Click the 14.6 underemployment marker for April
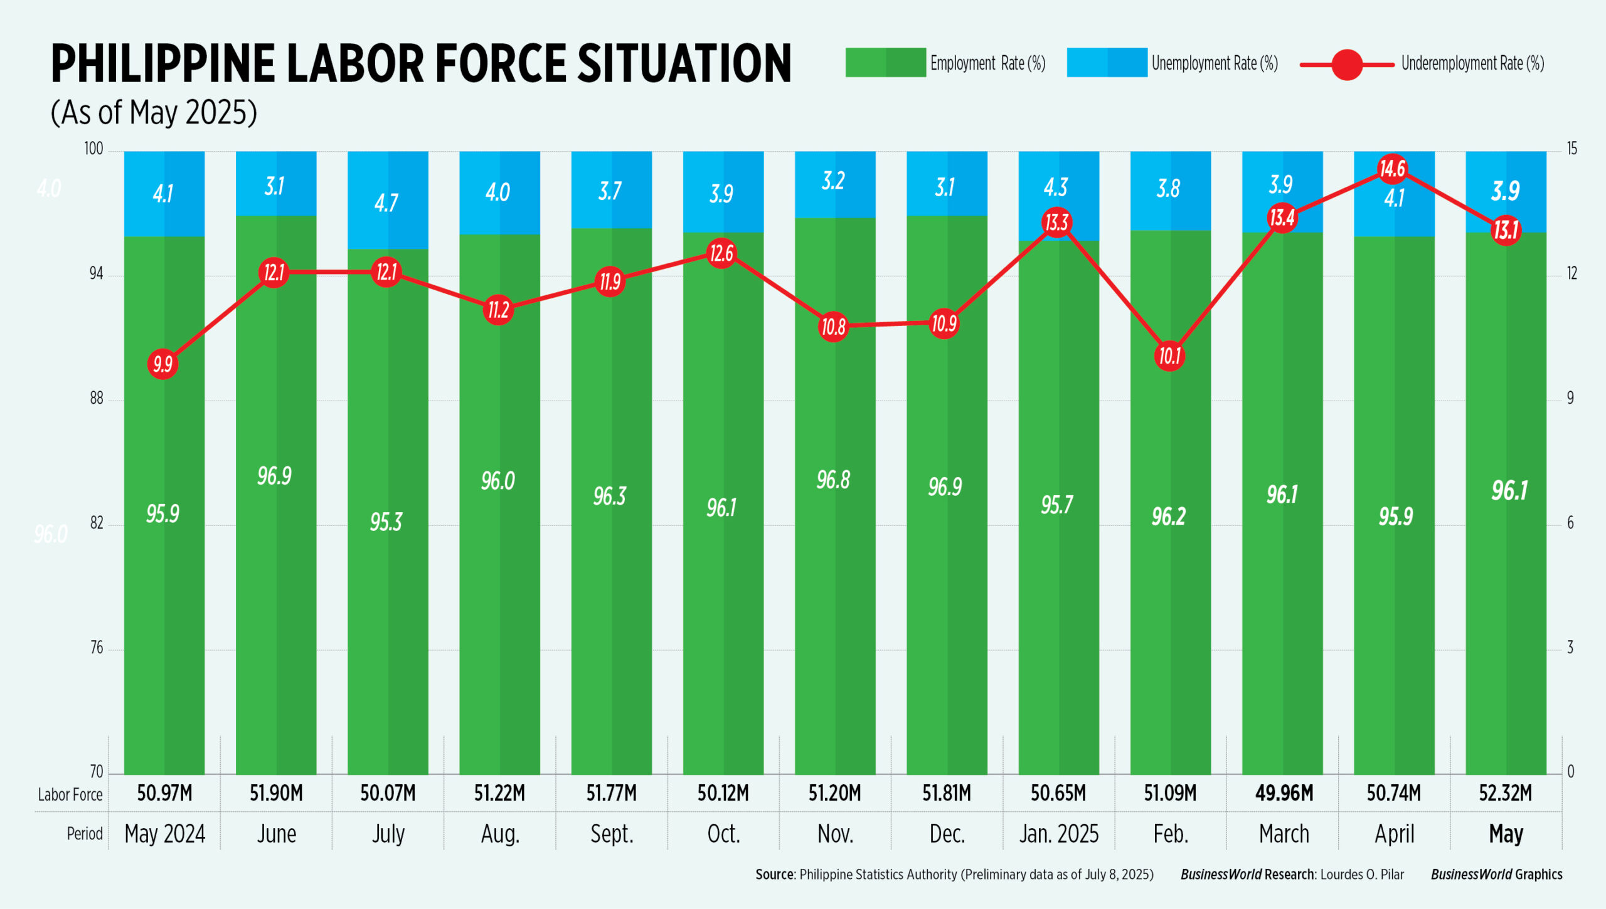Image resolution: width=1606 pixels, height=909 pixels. coord(1393,169)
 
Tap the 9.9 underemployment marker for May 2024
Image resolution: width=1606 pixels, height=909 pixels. coord(162,364)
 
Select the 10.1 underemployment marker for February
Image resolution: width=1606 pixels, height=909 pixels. coord(1169,356)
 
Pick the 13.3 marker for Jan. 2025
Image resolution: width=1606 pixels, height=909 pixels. coord(1056,222)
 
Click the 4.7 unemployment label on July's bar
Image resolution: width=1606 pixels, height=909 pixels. coord(386,202)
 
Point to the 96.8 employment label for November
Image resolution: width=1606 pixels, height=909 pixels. coord(833,480)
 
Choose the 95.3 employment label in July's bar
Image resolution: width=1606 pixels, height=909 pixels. coord(386,522)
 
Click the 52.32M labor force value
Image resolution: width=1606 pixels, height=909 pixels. coord(1505,793)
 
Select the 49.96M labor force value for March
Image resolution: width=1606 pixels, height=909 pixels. coord(1284,793)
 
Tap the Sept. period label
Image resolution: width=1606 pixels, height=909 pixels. coord(612,834)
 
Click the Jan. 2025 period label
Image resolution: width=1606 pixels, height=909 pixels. coord(1058,834)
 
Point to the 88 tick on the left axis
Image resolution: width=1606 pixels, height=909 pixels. coord(96,398)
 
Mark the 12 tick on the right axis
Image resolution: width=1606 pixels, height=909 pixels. coord(1571,273)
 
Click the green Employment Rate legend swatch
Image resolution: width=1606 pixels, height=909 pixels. coord(885,63)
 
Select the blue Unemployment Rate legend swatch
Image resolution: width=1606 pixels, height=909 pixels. coord(1107,63)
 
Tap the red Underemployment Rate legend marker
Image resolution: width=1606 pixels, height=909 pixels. coord(1346,64)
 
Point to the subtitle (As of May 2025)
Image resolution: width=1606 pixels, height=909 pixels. coord(154,113)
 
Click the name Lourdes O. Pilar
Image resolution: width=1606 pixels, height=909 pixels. coord(1362,875)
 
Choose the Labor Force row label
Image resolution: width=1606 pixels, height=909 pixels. coord(70,795)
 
